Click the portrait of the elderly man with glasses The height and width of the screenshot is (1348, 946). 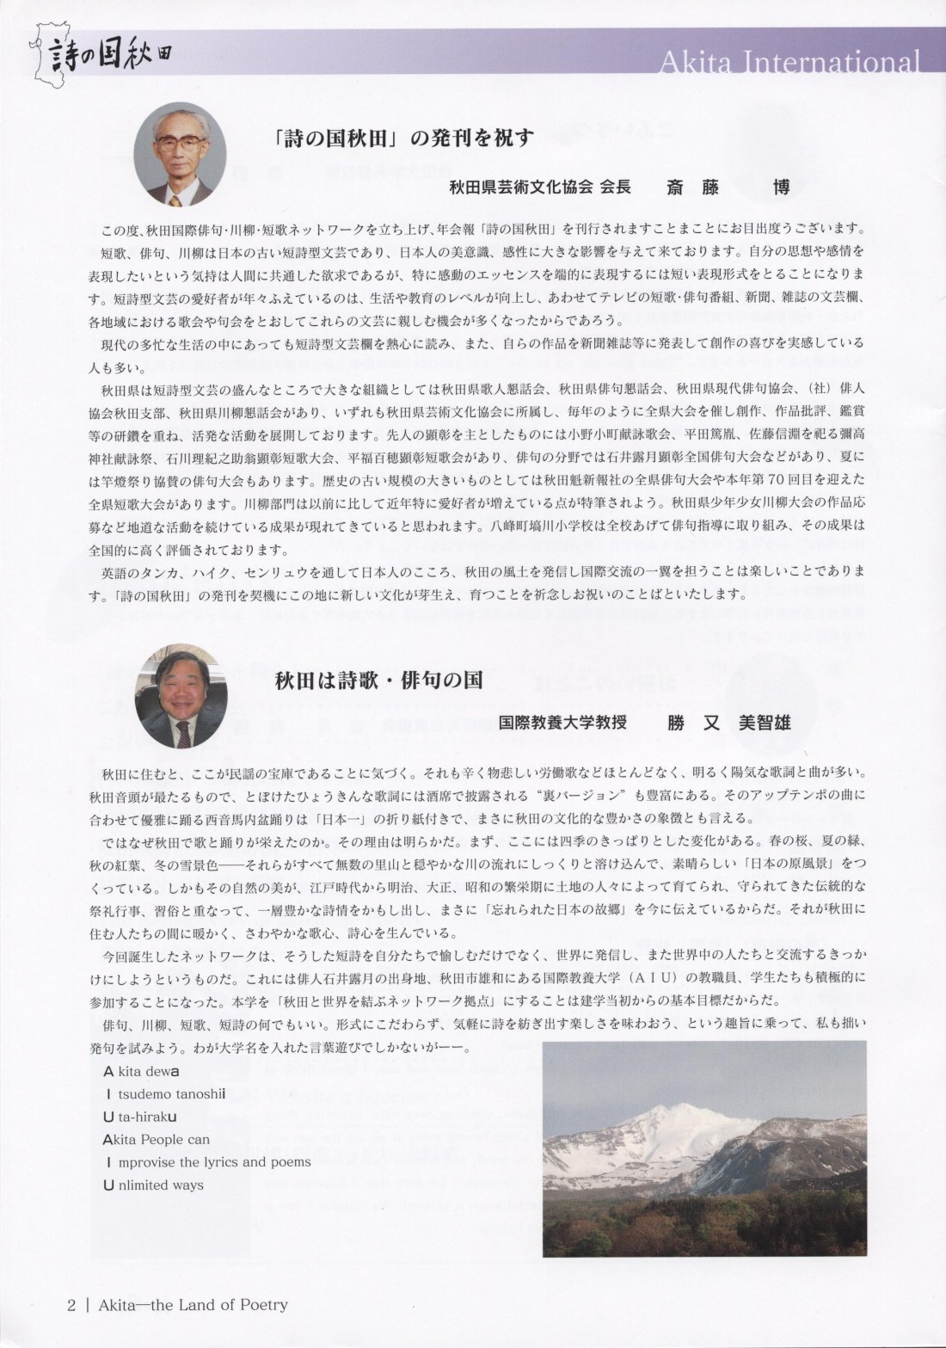pos(180,157)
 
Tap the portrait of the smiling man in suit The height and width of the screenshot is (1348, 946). pos(181,695)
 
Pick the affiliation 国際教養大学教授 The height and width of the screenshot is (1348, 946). pos(562,723)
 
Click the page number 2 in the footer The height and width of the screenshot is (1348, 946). pos(71,1304)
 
